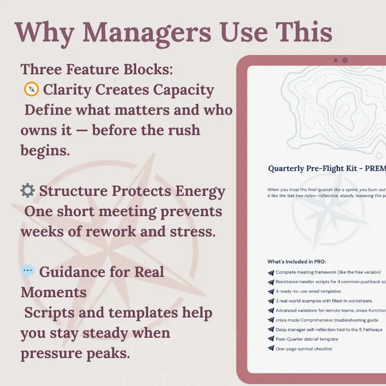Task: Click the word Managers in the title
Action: tap(148, 32)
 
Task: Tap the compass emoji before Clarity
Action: tap(31, 89)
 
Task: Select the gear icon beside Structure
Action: tap(28, 191)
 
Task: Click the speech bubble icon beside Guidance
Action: tap(28, 272)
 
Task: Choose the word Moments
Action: tap(54, 292)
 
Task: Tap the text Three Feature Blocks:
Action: tap(96, 69)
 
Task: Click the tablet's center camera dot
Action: tap(345, 60)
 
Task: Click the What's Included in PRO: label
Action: tap(297, 262)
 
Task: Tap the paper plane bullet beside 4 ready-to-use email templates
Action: tap(271, 291)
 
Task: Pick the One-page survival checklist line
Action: tap(304, 349)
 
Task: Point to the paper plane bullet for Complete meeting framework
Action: tap(271, 273)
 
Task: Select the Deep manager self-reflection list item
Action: tap(328, 330)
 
